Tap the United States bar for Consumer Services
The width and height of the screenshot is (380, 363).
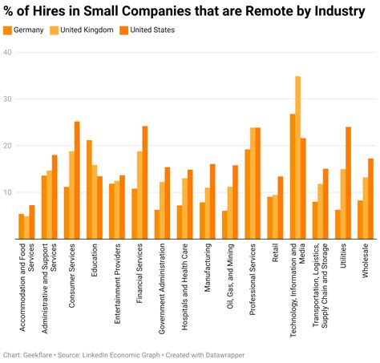(x=78, y=180)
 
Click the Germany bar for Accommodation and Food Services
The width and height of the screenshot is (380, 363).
(x=21, y=227)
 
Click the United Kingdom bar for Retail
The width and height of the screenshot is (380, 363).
(x=275, y=217)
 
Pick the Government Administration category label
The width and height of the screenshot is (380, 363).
(x=161, y=292)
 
